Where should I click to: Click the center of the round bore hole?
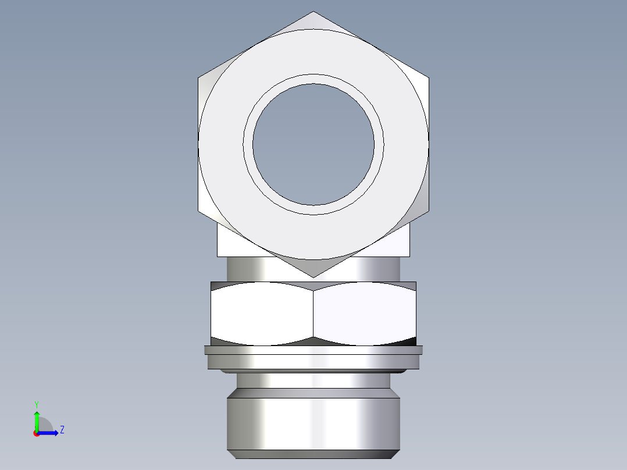pyautogui.click(x=313, y=144)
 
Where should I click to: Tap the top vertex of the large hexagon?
pyautogui.click(x=313, y=12)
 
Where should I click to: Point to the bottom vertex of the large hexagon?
pyautogui.click(x=313, y=277)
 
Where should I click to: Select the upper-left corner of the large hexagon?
pyautogui.click(x=198, y=77)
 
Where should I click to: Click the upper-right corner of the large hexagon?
pyautogui.click(x=429, y=77)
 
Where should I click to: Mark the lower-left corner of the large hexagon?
pyautogui.click(x=198, y=211)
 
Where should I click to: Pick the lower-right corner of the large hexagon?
pyautogui.click(x=429, y=211)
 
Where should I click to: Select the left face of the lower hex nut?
pyautogui.click(x=262, y=314)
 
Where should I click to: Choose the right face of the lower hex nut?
pyautogui.click(x=365, y=314)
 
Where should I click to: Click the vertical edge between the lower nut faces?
pyautogui.click(x=313, y=314)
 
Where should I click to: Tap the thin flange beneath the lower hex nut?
pyautogui.click(x=313, y=350)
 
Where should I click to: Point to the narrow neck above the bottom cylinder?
pyautogui.click(x=313, y=380)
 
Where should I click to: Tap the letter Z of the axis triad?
pyautogui.click(x=62, y=430)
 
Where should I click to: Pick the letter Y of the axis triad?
pyautogui.click(x=36, y=404)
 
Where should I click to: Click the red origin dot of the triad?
pyautogui.click(x=36, y=433)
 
